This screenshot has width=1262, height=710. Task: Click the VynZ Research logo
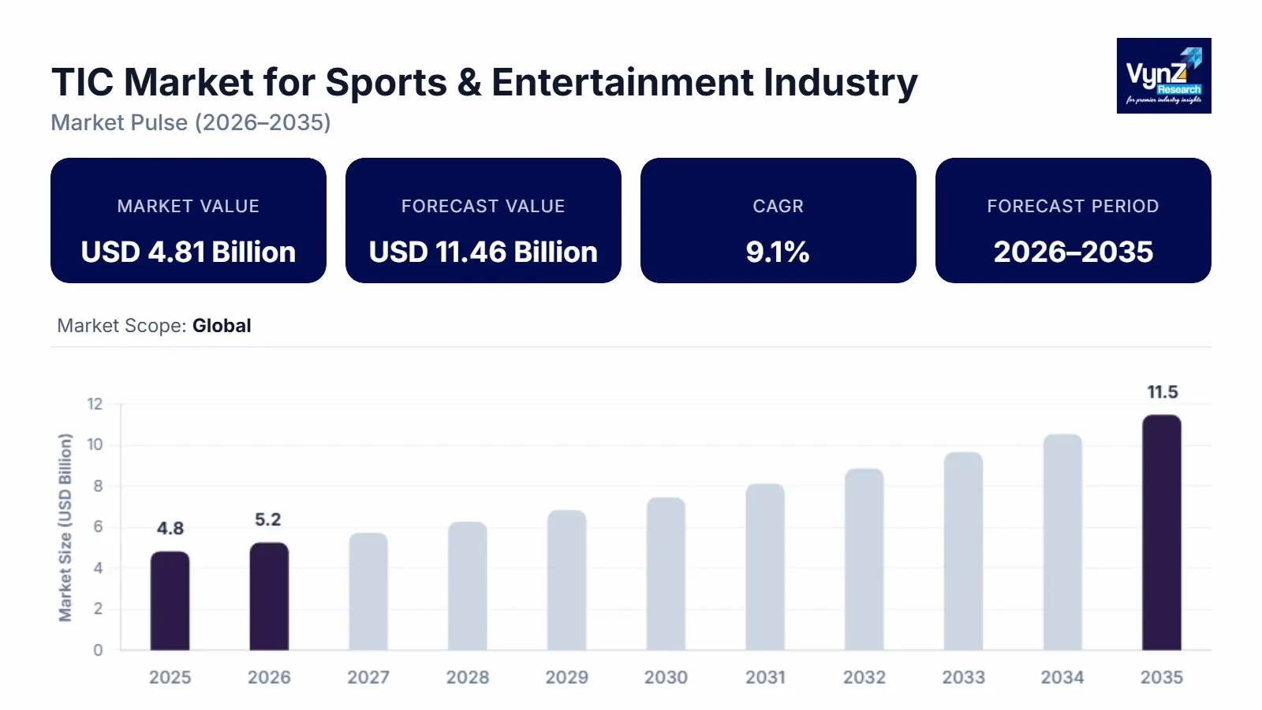click(x=1163, y=76)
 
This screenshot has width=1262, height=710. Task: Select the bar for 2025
click(x=170, y=601)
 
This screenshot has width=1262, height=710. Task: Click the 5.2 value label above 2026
click(x=268, y=520)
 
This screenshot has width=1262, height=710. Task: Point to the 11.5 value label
click(x=1162, y=392)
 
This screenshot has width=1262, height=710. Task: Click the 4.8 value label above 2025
click(x=170, y=529)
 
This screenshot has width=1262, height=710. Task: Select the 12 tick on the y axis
click(x=95, y=404)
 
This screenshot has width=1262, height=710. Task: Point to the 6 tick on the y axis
click(x=98, y=527)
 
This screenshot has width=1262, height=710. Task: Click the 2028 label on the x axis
click(x=468, y=678)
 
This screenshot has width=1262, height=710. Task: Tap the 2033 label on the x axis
click(x=963, y=678)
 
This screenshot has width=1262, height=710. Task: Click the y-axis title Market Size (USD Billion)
click(x=65, y=527)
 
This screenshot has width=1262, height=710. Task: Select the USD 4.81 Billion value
click(x=189, y=252)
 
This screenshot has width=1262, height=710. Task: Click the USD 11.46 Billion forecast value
click(x=484, y=252)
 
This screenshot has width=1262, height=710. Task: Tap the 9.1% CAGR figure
click(x=778, y=252)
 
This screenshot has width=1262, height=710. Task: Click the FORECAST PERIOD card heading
click(x=1073, y=207)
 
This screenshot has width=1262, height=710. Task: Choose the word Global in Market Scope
click(x=222, y=326)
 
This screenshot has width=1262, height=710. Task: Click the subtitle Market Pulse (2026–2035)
click(x=191, y=123)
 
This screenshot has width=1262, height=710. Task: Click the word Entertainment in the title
click(x=623, y=83)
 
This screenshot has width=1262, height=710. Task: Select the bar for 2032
click(x=864, y=560)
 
